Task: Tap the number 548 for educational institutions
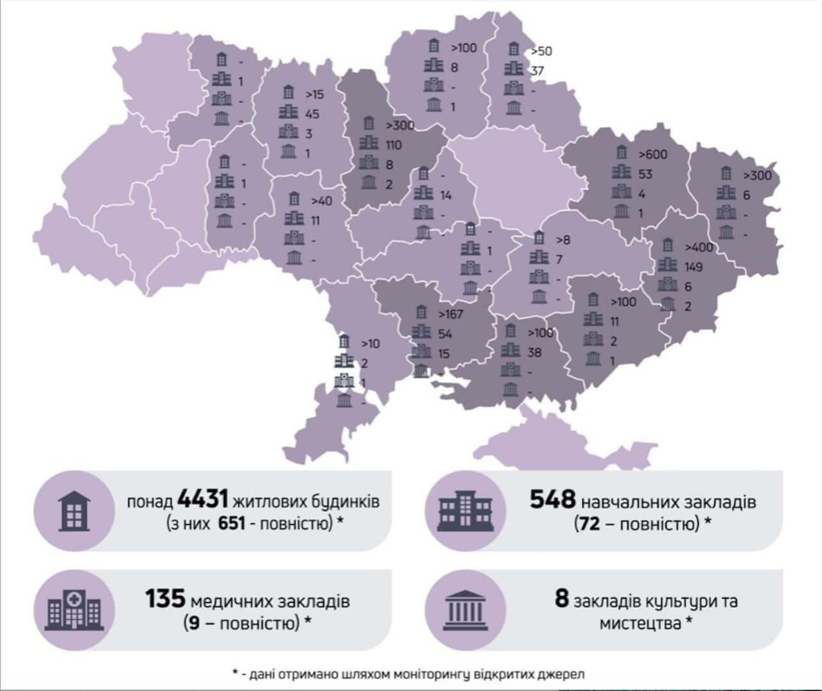click(552, 499)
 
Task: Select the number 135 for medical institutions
click(165, 599)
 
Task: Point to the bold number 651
click(232, 523)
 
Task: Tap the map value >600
click(652, 154)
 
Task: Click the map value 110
click(393, 145)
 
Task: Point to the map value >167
click(450, 314)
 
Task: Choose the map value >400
click(699, 247)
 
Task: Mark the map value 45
click(312, 114)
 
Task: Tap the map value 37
click(537, 71)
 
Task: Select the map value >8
click(563, 240)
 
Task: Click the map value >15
click(315, 95)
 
